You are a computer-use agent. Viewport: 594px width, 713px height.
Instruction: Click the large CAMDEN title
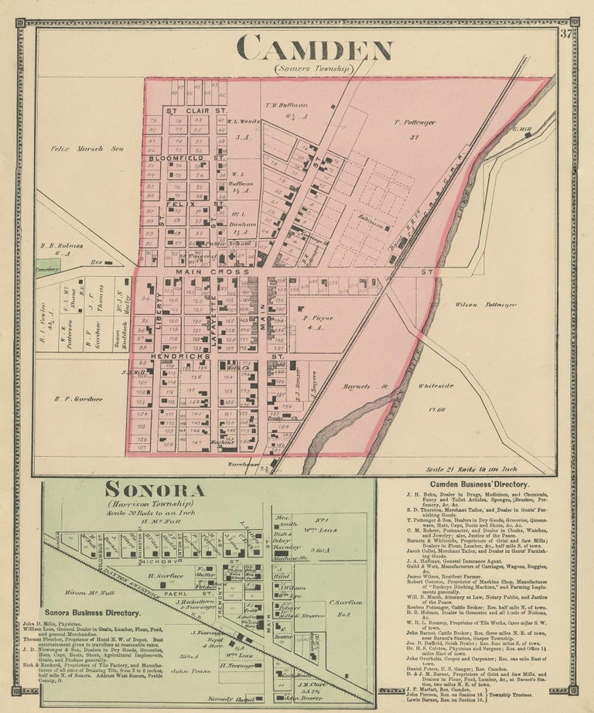tap(314, 49)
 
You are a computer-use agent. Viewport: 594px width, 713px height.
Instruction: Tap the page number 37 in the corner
tap(567, 33)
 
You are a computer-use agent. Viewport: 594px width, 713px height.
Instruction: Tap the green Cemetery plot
tap(47, 268)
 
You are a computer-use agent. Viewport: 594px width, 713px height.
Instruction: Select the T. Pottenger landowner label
tap(415, 122)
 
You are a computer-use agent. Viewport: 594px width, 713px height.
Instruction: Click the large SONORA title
tap(155, 490)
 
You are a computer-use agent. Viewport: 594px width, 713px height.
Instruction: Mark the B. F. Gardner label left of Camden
tap(79, 399)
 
